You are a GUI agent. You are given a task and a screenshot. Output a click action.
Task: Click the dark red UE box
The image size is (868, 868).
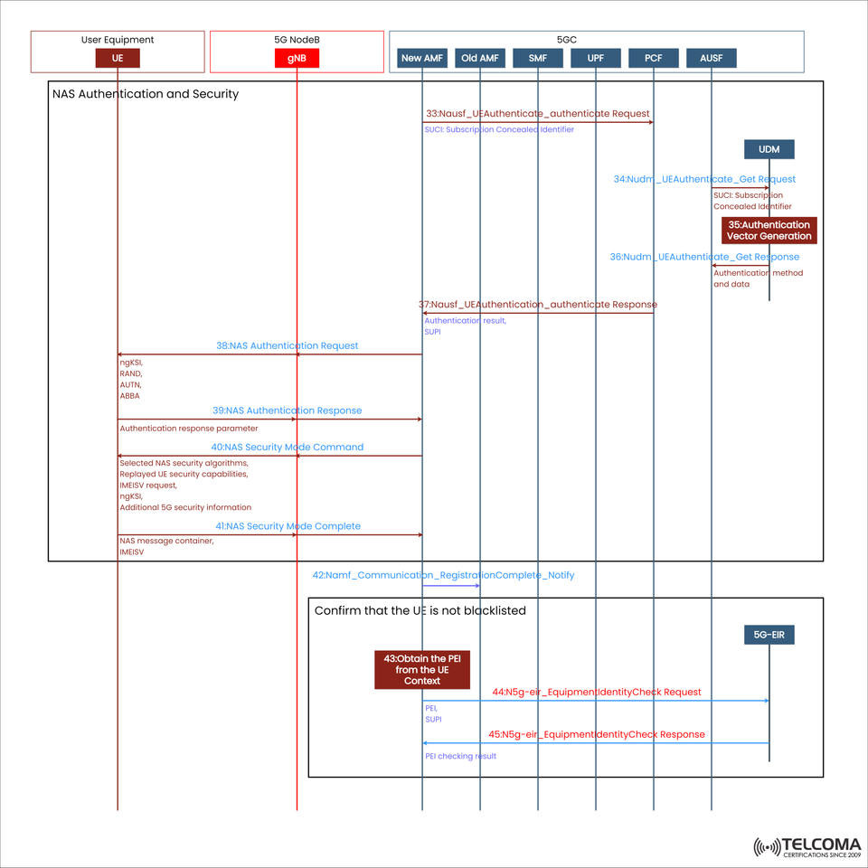pos(118,58)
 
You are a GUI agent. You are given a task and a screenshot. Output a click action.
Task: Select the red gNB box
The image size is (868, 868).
pos(297,58)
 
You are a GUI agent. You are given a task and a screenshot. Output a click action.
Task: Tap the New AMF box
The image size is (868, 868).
pos(421,58)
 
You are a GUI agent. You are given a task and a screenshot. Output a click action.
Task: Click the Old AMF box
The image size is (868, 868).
pos(480,58)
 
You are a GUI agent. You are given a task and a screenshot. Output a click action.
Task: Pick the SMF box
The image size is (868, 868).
pos(538,58)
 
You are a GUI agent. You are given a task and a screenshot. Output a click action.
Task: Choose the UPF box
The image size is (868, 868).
pos(596,58)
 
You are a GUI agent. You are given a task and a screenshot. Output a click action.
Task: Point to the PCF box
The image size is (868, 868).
pos(654,58)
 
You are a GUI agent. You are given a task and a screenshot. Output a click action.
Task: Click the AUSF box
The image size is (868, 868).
pos(712,58)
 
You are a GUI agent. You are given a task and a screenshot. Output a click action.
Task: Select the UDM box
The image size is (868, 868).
pos(769,149)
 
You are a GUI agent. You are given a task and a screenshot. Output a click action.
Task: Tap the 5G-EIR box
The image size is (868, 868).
pos(769,635)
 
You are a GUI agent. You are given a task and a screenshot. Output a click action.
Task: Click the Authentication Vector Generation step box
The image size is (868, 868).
pos(769,231)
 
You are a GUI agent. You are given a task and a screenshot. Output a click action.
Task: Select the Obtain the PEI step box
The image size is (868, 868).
pos(422,669)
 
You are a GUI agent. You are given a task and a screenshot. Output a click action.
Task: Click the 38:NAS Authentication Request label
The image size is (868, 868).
pos(287,345)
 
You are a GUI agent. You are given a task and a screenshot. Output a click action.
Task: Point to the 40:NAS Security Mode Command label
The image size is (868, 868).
pos(287,447)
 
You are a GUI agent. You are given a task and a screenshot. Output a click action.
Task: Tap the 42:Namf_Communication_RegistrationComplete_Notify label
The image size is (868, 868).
pos(443,575)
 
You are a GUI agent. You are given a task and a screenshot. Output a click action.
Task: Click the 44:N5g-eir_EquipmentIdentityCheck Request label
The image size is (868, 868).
pos(596,692)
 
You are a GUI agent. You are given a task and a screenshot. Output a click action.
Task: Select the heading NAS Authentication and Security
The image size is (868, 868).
pos(146,93)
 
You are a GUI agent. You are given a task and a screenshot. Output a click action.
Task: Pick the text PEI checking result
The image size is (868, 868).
pos(460,756)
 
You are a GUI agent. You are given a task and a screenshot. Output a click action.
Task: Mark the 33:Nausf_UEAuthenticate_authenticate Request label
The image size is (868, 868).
pos(537,114)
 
